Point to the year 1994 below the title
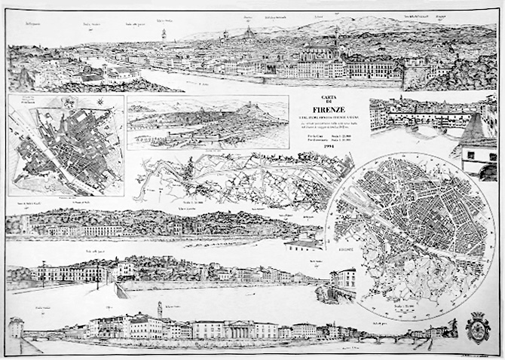[x=329, y=147]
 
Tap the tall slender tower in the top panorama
[x=164, y=36]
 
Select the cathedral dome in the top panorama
[x=248, y=34]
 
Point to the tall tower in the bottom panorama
[x=159, y=310]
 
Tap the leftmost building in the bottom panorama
[x=16, y=328]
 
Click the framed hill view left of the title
[x=207, y=122]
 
